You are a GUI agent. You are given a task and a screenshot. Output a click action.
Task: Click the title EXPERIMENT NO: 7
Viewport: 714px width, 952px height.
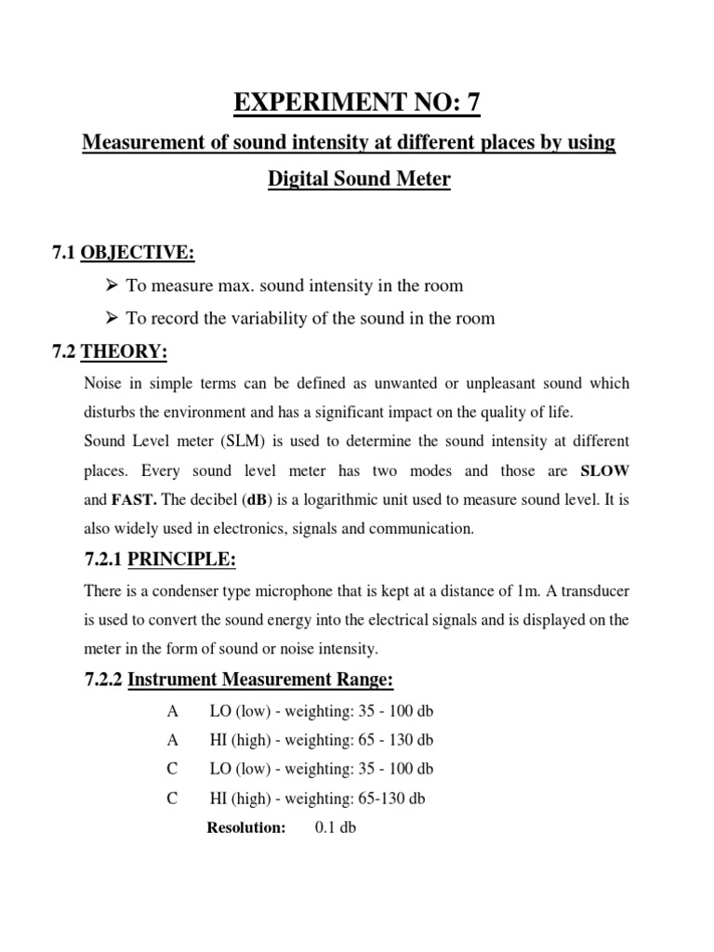(357, 101)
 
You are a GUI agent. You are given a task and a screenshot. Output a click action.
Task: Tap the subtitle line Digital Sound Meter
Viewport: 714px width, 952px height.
(359, 178)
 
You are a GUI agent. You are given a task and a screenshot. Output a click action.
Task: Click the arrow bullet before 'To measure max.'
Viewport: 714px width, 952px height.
(113, 286)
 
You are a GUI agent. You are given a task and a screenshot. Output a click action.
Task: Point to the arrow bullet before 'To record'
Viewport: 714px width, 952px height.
(113, 318)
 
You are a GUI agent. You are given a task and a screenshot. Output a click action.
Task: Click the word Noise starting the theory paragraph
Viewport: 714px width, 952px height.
(102, 383)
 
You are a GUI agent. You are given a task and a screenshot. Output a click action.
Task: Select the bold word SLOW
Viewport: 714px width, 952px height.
(605, 470)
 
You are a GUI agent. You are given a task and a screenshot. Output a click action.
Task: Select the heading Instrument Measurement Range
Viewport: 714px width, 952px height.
(260, 681)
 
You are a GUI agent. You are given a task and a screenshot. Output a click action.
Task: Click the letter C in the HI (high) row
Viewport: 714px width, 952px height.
(172, 799)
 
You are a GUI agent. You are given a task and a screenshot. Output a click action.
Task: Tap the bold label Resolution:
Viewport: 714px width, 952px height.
(245, 828)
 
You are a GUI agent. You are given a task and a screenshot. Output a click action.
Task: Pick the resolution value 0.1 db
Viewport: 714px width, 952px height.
(336, 828)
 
